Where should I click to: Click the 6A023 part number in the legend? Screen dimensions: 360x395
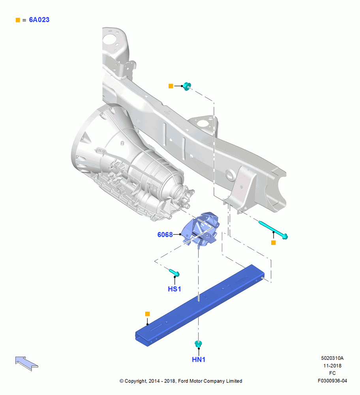(x=39, y=20)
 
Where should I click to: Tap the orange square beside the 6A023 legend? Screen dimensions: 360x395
(x=18, y=20)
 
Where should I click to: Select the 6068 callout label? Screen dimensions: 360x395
(x=165, y=235)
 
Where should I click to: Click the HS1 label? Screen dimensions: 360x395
(x=174, y=289)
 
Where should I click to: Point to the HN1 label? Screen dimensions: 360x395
(x=199, y=359)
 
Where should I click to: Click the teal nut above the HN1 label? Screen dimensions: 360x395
(x=199, y=344)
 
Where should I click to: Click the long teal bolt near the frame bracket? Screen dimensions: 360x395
(x=273, y=230)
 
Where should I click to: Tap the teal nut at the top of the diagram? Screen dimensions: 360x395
(x=187, y=86)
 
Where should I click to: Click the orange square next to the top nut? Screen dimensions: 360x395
(x=171, y=86)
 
